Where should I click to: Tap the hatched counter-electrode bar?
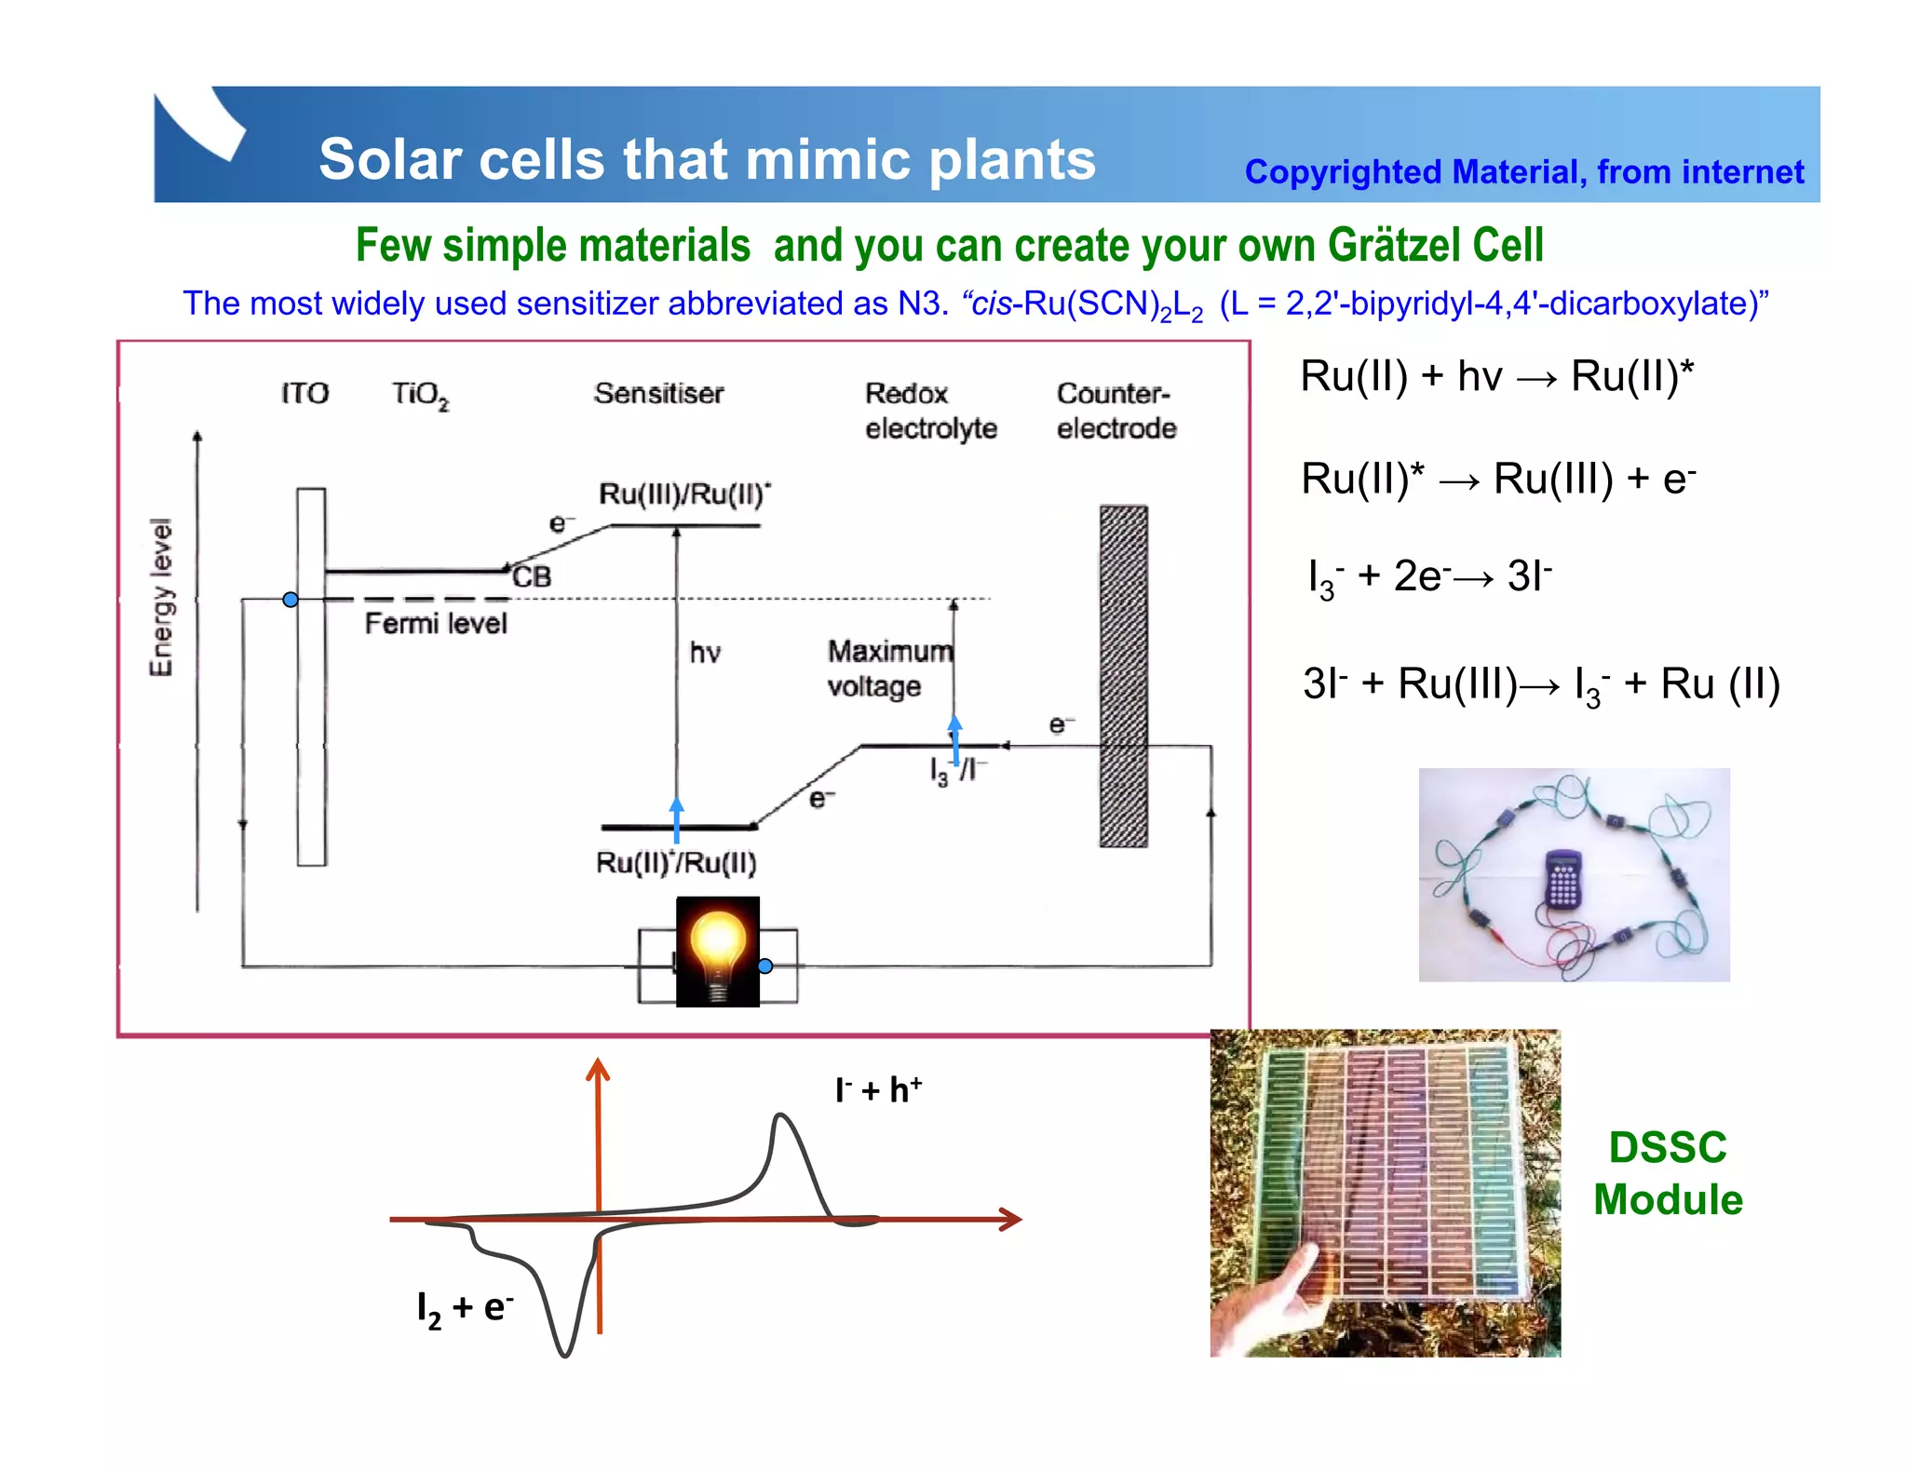[1123, 677]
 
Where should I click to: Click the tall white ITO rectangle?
[311, 677]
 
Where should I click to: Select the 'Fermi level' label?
[436, 624]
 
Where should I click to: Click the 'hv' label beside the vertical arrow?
[705, 653]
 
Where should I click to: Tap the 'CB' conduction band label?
[533, 577]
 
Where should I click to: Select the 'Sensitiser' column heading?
[658, 394]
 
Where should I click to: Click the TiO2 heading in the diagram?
[419, 395]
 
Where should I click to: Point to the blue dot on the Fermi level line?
[291, 600]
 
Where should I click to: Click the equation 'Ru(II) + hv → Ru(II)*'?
[1496, 377]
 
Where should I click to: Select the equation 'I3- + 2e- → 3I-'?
[1429, 577]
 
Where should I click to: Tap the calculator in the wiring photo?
[1563, 878]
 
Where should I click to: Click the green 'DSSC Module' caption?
[1667, 1173]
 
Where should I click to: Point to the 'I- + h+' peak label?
[878, 1089]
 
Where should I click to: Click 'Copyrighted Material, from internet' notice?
[1523, 173]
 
